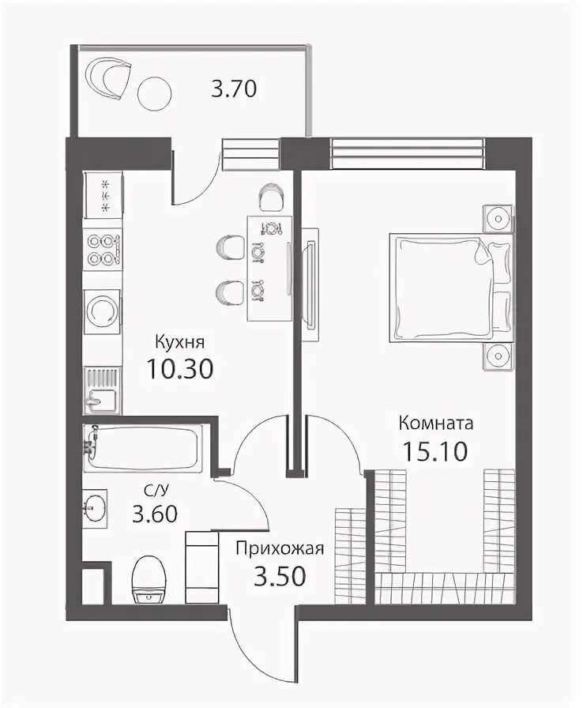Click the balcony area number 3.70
coord(234,88)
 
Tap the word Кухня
coord(179,342)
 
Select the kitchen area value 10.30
coord(179,369)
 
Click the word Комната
coord(436,424)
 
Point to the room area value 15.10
coord(435,451)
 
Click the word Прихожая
coord(280,548)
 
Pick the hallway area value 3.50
coord(280,576)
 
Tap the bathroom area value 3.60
coord(155,514)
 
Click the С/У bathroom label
coord(154,489)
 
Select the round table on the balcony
coord(154,93)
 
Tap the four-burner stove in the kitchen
coord(103,247)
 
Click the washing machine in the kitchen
coord(103,311)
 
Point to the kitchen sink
coord(103,390)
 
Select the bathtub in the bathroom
coord(142,447)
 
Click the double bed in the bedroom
coord(451,288)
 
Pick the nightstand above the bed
coord(498,219)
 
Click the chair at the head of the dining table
coord(272,198)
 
